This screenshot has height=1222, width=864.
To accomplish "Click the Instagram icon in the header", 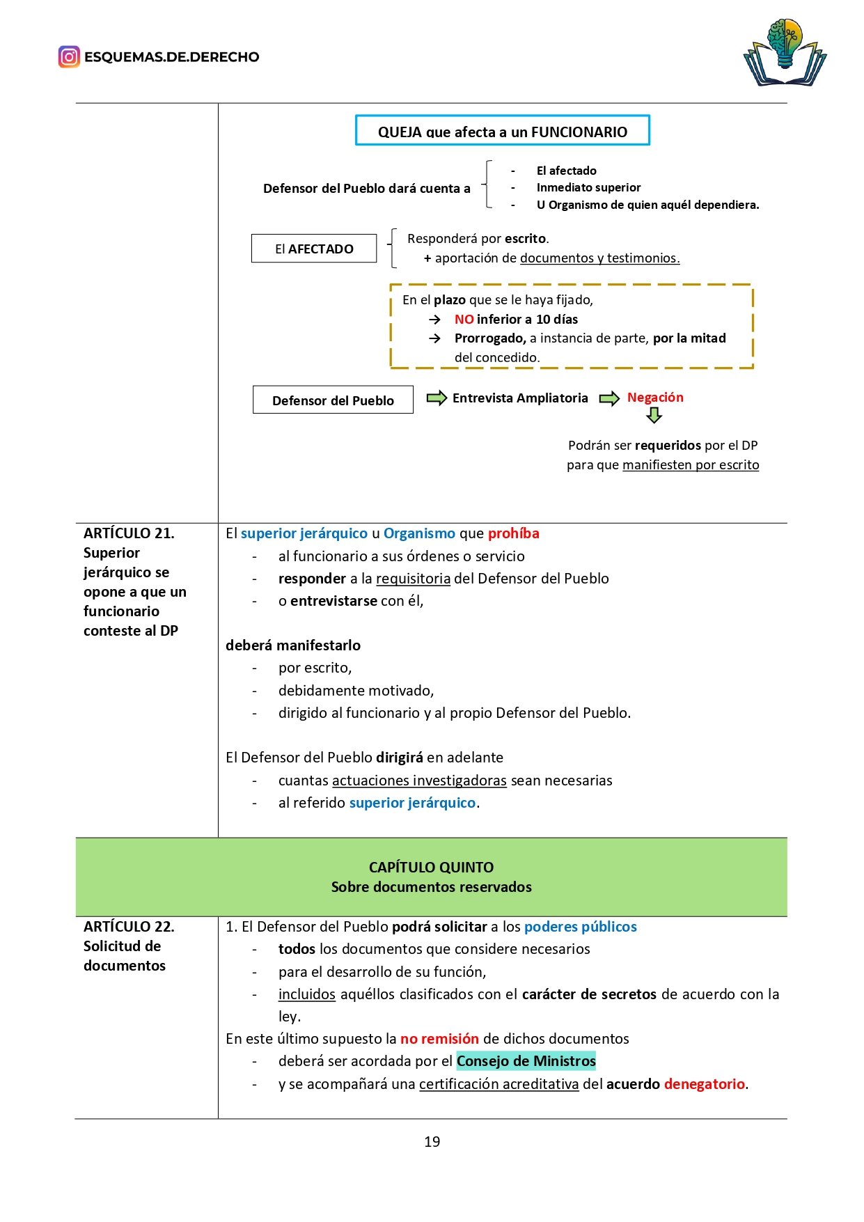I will tap(69, 56).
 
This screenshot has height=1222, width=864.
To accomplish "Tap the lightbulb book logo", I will tap(785, 54).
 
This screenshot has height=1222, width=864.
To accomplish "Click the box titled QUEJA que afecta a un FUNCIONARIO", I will tap(502, 131).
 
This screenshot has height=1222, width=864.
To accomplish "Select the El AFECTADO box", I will tap(314, 249).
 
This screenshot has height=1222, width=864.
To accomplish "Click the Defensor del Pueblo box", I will tap(333, 400).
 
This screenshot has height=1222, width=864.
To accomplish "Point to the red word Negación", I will tap(655, 398).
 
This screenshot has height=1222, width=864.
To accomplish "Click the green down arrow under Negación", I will tap(654, 416).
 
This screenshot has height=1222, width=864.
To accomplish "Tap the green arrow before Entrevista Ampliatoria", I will tap(437, 398).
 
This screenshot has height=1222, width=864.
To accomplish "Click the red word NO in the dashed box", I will tap(464, 320).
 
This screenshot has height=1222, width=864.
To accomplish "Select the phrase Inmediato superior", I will tap(588, 187).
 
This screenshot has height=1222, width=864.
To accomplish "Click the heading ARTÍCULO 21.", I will tap(129, 533).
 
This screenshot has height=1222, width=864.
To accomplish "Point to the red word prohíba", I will tap(513, 533).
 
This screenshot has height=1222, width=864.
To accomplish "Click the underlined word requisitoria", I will tap(413, 579).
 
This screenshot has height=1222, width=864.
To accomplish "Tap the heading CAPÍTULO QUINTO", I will tap(431, 868).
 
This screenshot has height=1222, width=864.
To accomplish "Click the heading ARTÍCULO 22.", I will tap(129, 927).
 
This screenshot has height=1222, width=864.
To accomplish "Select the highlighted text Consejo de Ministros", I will tap(526, 1061).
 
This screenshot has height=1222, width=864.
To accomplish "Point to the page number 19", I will tap(432, 1142).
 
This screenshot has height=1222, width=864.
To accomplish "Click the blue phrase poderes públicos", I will tap(580, 927).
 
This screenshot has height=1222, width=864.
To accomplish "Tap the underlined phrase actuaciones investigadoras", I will tap(419, 781).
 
